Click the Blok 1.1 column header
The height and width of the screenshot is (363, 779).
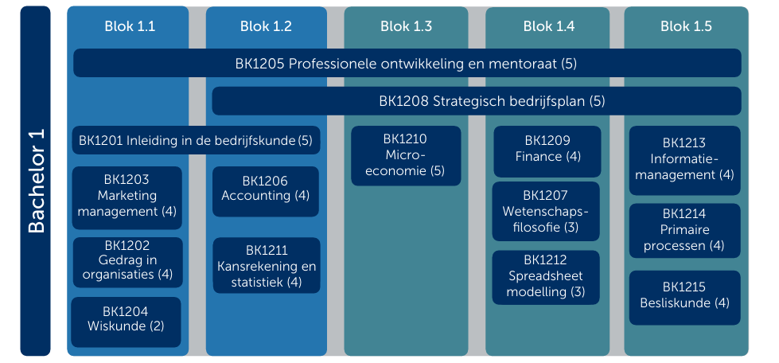[x=130, y=26]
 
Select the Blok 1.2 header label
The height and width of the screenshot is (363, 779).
[x=266, y=26]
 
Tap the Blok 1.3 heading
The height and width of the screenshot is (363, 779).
[x=406, y=26]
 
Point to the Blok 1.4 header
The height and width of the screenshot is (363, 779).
[x=548, y=26]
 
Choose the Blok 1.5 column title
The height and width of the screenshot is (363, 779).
[x=686, y=26]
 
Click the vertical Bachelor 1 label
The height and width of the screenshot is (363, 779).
[x=36, y=181]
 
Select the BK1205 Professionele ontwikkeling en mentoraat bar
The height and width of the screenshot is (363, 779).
[x=407, y=63]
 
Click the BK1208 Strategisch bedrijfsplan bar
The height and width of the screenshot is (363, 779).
[x=477, y=101]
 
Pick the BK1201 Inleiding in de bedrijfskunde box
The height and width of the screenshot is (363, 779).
[x=197, y=140]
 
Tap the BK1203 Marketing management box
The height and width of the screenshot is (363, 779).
[x=127, y=198]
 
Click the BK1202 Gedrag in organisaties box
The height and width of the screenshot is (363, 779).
[x=127, y=263]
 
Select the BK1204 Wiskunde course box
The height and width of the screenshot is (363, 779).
[x=127, y=322]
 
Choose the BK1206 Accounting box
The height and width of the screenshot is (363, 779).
[x=266, y=191]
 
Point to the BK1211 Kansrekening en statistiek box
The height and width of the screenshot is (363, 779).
[x=267, y=266]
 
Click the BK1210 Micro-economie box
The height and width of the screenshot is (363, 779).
[x=406, y=156]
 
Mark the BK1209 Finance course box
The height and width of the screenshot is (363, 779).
[x=547, y=152]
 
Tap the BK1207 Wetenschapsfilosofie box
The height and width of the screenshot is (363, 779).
[x=546, y=211]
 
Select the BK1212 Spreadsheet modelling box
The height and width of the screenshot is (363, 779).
[x=546, y=278]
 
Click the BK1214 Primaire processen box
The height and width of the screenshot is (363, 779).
[x=685, y=231]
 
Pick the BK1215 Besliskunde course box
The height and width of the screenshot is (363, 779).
[x=685, y=298]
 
